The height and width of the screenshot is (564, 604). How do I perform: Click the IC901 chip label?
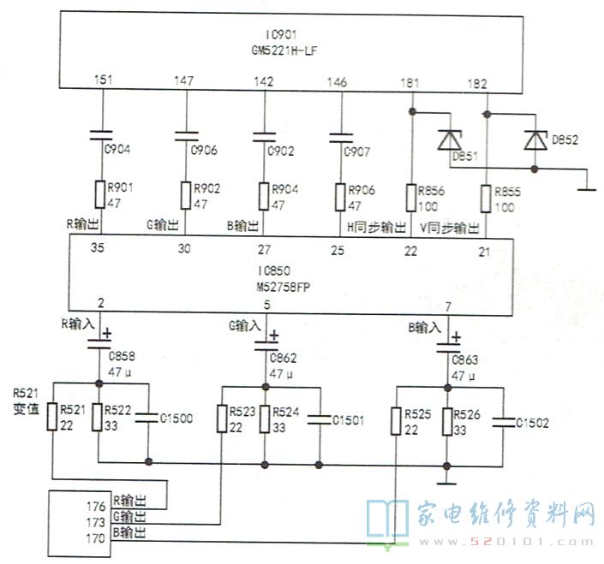(279, 34)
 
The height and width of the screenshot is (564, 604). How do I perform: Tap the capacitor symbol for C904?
(103, 134)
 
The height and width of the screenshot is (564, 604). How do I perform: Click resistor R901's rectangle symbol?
(102, 194)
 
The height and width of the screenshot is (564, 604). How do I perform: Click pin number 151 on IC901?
(104, 82)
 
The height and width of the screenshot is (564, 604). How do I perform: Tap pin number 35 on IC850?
(99, 250)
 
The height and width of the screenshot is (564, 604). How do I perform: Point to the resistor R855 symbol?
(487, 199)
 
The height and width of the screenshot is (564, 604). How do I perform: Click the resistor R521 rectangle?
(51, 418)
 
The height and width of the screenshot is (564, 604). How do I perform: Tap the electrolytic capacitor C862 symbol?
(265, 344)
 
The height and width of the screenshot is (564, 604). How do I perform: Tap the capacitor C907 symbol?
(341, 137)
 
